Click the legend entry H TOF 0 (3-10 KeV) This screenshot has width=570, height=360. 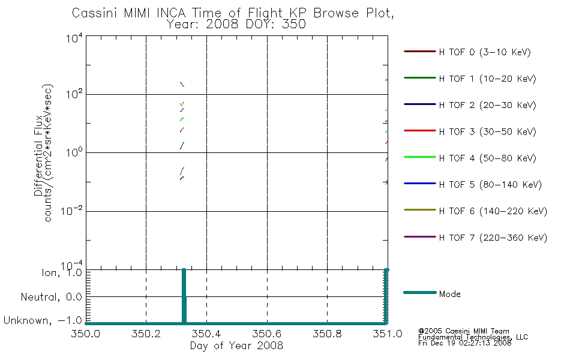pos(467,52)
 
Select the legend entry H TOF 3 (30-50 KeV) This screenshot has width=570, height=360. pos(470,131)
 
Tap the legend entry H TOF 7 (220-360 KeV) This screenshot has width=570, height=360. pos(475,238)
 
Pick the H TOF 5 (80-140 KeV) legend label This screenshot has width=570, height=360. pos(490,184)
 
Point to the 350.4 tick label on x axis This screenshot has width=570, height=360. pos(206,334)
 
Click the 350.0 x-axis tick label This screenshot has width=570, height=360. pos(85,334)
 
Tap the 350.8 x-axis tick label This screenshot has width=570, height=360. pos(327,334)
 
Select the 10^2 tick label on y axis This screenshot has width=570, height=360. pos(74,94)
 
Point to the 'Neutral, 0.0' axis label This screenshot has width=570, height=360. pos(51,297)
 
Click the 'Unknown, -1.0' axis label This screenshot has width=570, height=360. pos(43,320)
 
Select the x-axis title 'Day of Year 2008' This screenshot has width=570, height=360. pos(236,345)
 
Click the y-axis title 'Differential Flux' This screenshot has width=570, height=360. pos(38,155)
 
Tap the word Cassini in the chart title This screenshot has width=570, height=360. pos(95,13)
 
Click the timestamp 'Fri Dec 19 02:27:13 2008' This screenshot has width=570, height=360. pos(464,343)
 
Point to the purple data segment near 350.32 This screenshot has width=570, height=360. pos(182,84)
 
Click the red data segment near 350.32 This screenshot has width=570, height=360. pos(182,130)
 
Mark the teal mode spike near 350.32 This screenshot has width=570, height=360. pos(184,296)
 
